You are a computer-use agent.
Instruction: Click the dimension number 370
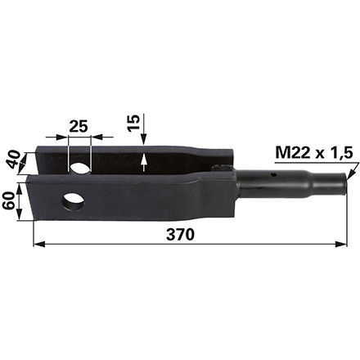[x=179, y=235]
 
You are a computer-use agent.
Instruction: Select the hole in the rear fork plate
[x=80, y=169]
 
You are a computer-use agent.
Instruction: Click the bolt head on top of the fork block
[x=218, y=169]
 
